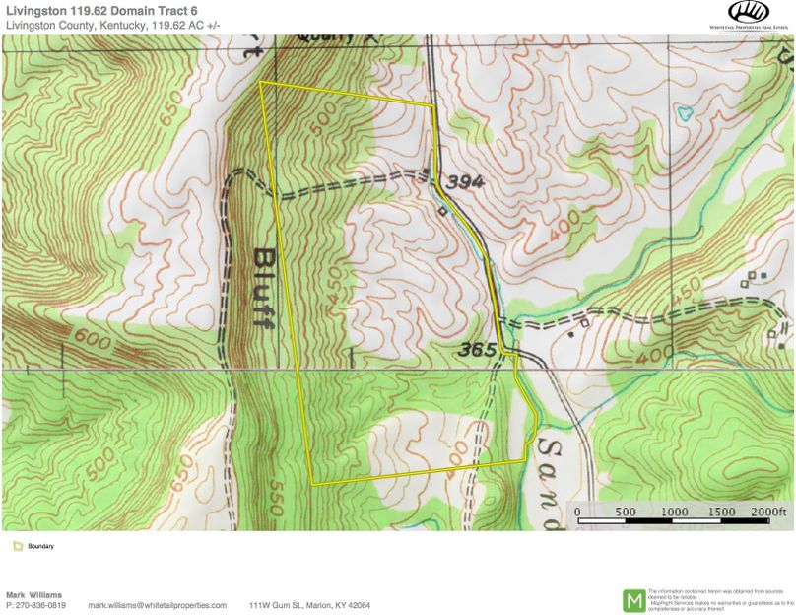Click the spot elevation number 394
point(464,182)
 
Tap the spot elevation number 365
point(476,349)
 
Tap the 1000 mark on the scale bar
point(674,512)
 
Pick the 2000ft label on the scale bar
point(770,512)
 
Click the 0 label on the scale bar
point(577,512)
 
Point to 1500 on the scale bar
point(722,512)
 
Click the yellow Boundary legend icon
point(17,546)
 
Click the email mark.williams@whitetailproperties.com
point(157,605)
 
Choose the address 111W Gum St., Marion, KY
point(309,605)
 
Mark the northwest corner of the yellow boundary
point(260,83)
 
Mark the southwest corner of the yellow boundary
point(312,484)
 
